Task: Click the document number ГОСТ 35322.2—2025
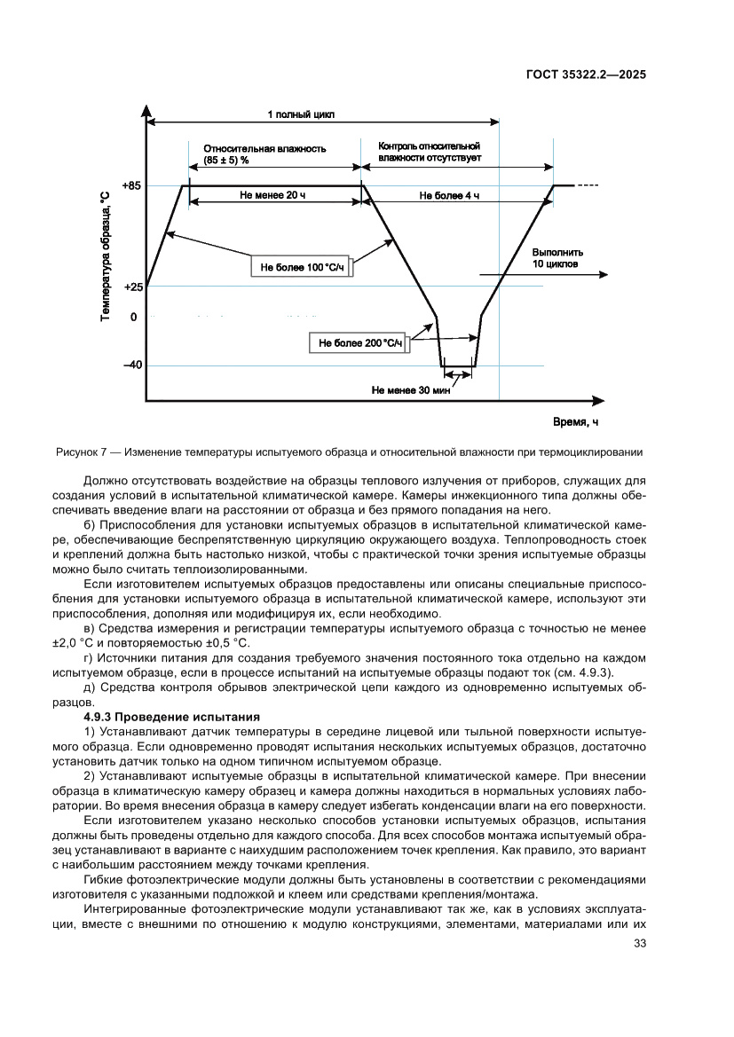585,75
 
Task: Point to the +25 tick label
132,287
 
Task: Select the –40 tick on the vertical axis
132,365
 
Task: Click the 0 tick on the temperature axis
133,317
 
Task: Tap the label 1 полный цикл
301,114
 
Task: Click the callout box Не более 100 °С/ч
301,266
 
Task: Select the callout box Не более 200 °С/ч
359,342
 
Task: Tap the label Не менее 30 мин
411,389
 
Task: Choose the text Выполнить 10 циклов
556,258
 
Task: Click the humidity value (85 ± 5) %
226,160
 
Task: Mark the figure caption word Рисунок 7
83,452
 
